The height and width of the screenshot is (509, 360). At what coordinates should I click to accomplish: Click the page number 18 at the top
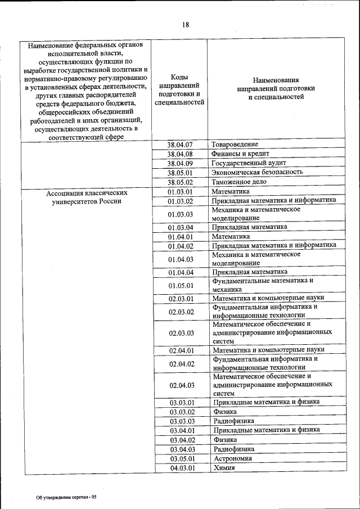(x=186, y=24)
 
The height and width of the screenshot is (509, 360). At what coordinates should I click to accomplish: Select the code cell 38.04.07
(x=180, y=145)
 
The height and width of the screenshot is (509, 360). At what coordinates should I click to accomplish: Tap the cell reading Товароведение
(x=235, y=145)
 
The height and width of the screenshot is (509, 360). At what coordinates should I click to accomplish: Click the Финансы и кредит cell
(x=240, y=154)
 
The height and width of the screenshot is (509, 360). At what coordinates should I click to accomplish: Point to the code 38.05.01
(x=180, y=173)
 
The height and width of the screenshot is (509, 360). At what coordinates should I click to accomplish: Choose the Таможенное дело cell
(x=241, y=182)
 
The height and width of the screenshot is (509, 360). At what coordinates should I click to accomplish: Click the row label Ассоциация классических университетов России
(x=83, y=196)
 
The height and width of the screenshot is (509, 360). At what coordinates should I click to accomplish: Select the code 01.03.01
(x=180, y=192)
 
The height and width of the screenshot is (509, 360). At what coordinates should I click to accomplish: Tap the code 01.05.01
(x=180, y=285)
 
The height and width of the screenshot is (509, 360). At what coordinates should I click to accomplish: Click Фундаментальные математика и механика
(x=262, y=285)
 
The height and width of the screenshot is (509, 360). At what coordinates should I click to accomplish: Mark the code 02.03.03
(x=180, y=332)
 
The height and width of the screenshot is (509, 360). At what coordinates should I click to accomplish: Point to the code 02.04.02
(x=180, y=364)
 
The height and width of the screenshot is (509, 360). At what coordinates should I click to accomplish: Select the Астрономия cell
(x=233, y=458)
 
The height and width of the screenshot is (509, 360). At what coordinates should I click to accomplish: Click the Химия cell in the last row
(x=224, y=467)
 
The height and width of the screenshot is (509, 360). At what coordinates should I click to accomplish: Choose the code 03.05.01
(x=181, y=458)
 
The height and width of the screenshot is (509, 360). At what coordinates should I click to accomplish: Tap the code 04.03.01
(x=181, y=467)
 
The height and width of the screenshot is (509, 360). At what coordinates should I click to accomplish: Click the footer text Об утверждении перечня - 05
(x=66, y=497)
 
